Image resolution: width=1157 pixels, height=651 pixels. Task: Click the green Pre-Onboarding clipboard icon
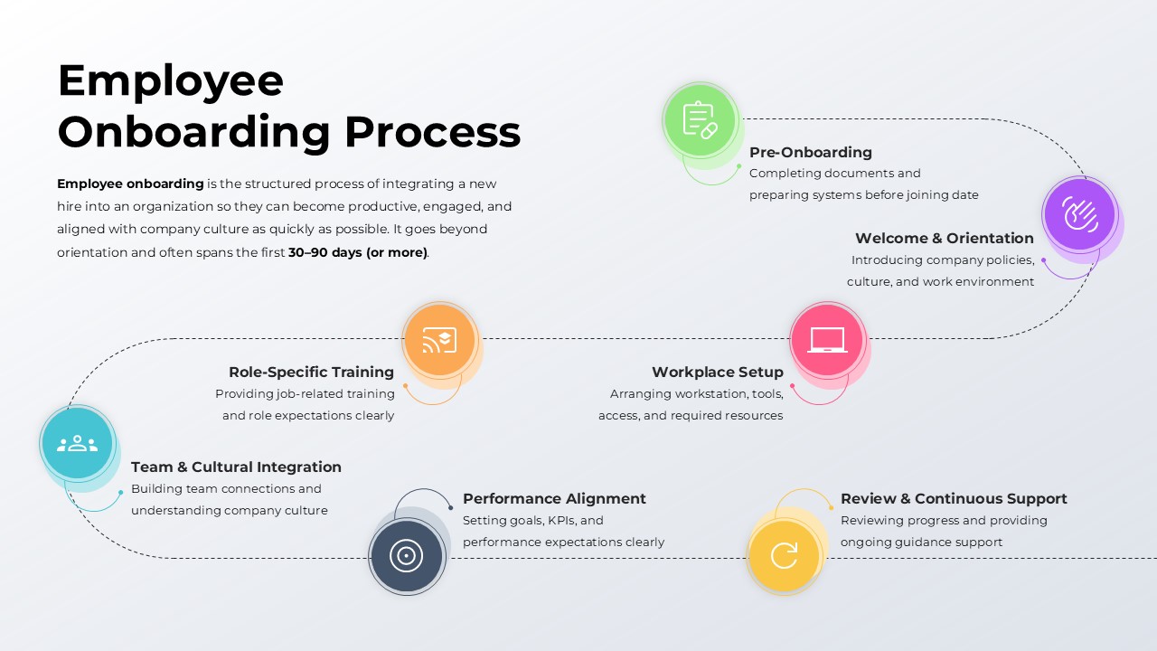tap(700, 119)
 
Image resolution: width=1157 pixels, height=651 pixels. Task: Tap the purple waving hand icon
tap(1079, 215)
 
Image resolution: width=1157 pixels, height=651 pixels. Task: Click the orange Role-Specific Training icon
tap(439, 340)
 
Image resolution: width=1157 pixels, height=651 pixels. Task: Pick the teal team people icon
tap(77, 443)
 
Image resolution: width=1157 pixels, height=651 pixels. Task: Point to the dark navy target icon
tap(407, 555)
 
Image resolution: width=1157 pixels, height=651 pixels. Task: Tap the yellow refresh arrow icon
tap(785, 555)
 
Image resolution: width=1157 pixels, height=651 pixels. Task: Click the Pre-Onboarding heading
tap(810, 152)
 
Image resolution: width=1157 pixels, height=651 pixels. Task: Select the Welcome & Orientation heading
tap(944, 238)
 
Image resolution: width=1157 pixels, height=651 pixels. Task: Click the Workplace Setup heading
tap(717, 372)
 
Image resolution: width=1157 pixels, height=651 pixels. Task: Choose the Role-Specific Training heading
tap(311, 372)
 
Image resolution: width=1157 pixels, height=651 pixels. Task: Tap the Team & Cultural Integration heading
tap(236, 467)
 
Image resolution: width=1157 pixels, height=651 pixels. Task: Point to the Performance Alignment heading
tap(554, 498)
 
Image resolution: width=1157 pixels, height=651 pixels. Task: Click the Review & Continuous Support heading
tap(954, 498)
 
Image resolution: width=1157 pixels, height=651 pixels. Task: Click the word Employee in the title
tap(170, 81)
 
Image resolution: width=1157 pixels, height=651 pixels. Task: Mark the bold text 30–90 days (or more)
tap(357, 252)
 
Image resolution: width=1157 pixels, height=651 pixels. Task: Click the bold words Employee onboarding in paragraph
tap(130, 184)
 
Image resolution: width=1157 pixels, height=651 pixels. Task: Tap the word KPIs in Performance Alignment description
tap(562, 521)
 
